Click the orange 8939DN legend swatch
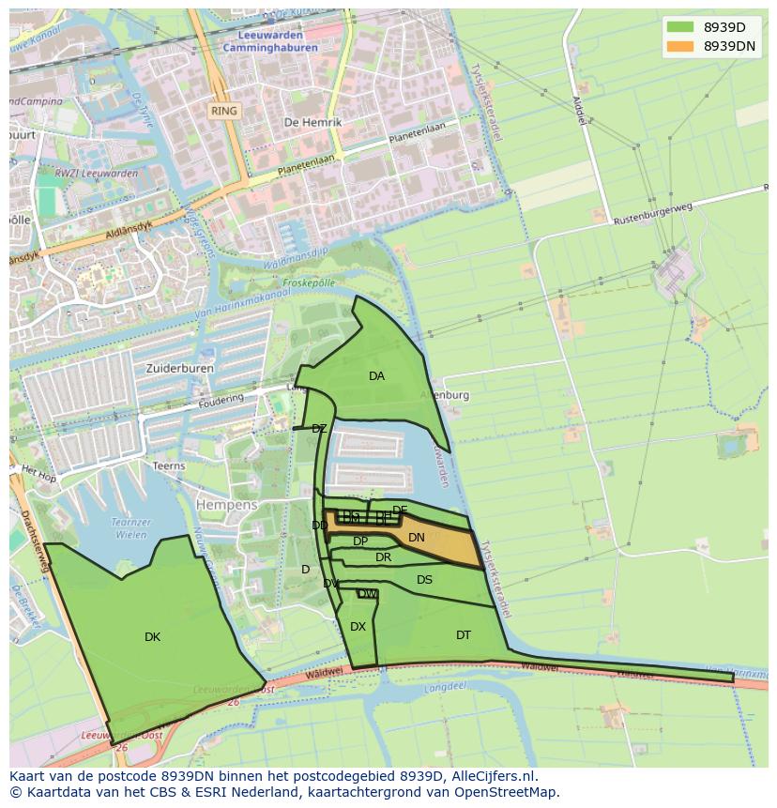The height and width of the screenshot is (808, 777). [x=680, y=45]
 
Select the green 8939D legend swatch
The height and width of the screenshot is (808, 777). [x=680, y=26]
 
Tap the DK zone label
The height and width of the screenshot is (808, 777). [x=152, y=637]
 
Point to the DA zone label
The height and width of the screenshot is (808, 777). [x=376, y=376]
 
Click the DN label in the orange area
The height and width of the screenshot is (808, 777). [x=417, y=538]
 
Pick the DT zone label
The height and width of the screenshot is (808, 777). [x=464, y=635]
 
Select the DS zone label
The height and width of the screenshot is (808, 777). [x=425, y=580]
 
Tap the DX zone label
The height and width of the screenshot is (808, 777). [x=358, y=627]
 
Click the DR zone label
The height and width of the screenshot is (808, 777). [x=383, y=557]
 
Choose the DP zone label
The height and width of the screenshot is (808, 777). [x=360, y=541]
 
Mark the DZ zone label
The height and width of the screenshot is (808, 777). [x=319, y=429]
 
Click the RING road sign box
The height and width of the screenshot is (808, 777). [x=224, y=111]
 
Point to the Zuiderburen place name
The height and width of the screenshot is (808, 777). [x=180, y=369]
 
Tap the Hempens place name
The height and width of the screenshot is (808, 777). [x=226, y=505]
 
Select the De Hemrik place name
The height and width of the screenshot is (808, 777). [x=312, y=122]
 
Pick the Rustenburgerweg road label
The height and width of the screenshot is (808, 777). [x=652, y=216]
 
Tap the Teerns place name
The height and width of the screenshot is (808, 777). [x=169, y=465]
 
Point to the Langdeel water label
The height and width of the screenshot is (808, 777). [x=446, y=687]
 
